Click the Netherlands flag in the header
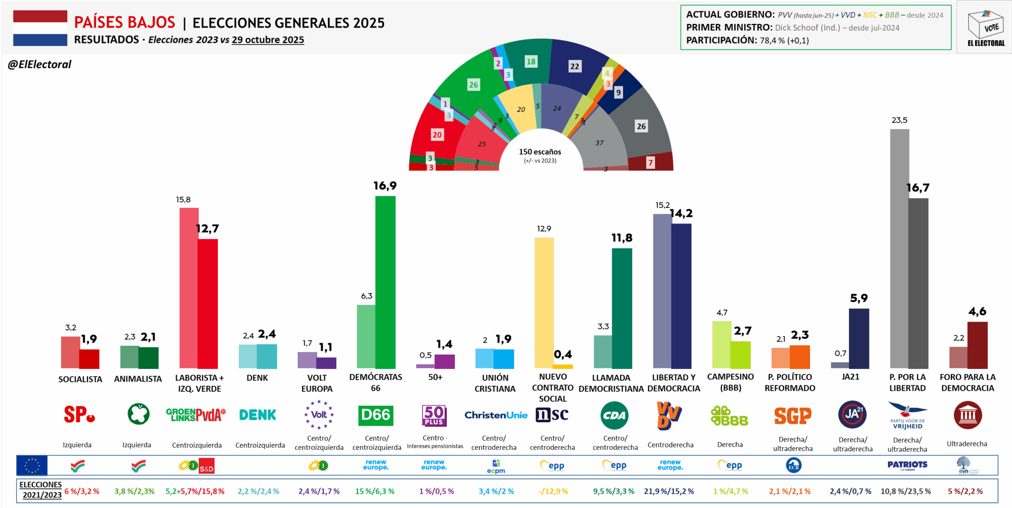40,28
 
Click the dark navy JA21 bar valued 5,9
859,338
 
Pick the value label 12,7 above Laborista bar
208,229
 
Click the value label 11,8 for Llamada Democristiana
622,238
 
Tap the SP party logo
79,414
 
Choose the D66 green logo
376,415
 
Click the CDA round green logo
614,415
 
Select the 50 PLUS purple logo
434,415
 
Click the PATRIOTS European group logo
907,465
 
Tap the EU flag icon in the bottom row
32,465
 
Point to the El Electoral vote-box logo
986,28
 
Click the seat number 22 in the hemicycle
574,66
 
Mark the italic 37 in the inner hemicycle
599,143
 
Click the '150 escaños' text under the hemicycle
540,152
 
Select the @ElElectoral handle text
40,64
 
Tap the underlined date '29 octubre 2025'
268,40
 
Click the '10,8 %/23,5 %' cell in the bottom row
905,491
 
